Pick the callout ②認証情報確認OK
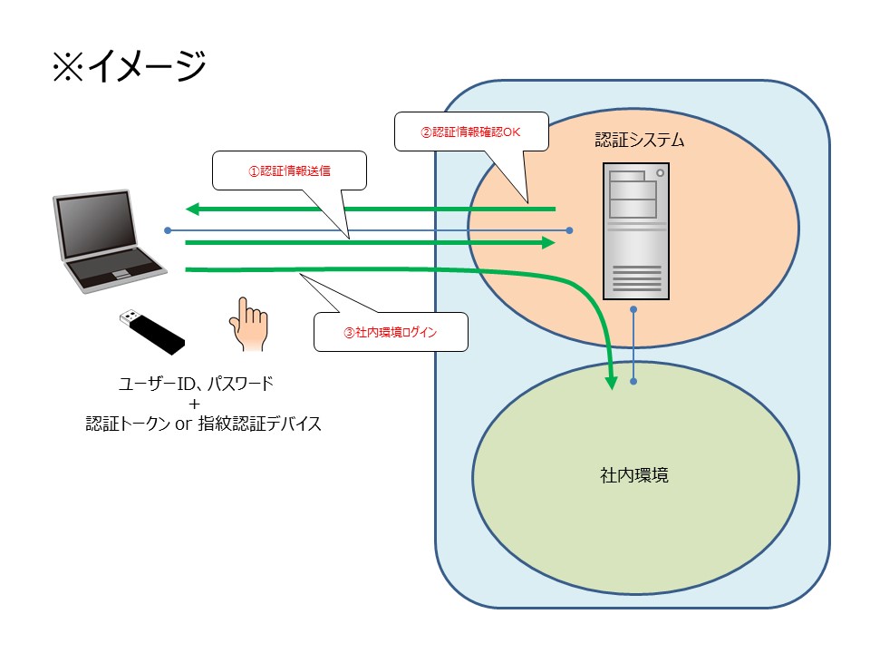pyautogui.click(x=470, y=131)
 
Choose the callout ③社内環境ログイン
pyautogui.click(x=391, y=332)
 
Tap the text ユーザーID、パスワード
pyautogui.click(x=196, y=384)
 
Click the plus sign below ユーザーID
pyautogui.click(x=195, y=404)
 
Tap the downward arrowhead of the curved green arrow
pyautogui.click(x=613, y=382)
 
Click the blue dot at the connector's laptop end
pyautogui.click(x=168, y=230)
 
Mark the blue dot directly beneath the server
pyautogui.click(x=633, y=310)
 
